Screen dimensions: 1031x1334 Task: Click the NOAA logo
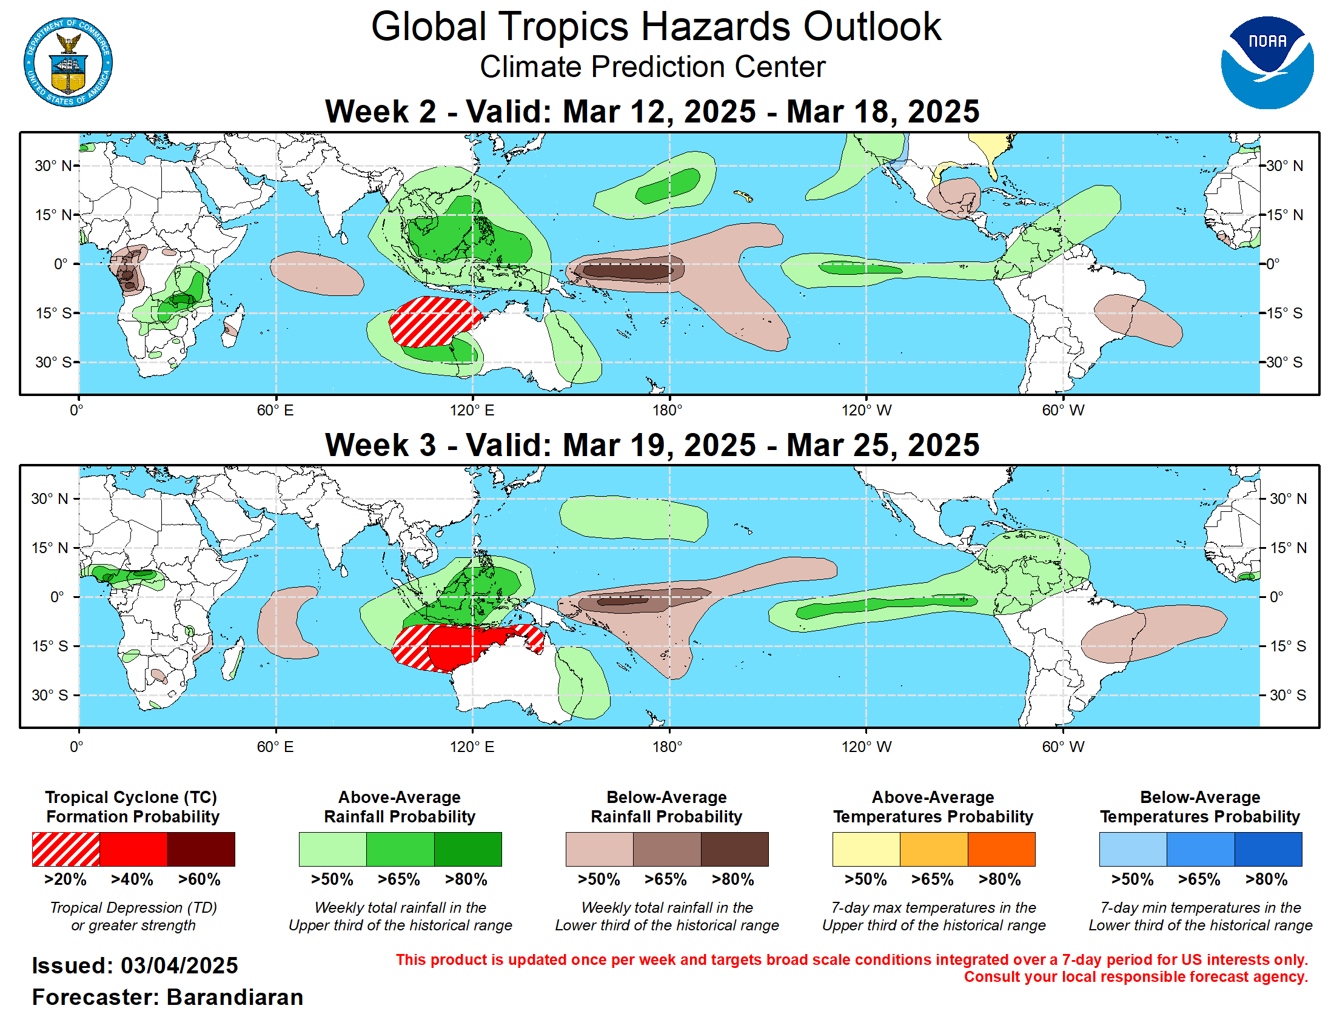click(1266, 62)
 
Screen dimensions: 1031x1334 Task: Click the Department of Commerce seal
click(68, 62)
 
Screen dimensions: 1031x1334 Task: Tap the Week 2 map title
click(652, 112)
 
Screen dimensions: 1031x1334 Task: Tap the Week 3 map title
click(652, 445)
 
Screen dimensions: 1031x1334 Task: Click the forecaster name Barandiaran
click(235, 997)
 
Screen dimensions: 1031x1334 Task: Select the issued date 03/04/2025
click(179, 966)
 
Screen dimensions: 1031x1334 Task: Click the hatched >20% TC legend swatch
click(65, 849)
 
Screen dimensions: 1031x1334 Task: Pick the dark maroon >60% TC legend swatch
click(201, 849)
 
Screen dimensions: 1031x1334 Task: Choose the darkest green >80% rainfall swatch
click(468, 849)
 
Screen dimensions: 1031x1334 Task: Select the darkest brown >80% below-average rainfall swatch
click(734, 849)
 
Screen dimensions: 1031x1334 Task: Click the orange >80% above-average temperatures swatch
click(1001, 849)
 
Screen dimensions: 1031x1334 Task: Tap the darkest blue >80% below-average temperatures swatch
click(1267, 849)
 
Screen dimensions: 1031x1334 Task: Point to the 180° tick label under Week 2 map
click(667, 411)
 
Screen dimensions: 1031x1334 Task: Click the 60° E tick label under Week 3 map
click(275, 747)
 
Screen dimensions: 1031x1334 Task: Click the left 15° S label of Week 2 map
click(53, 314)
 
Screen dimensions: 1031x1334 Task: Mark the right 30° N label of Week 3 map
click(1287, 499)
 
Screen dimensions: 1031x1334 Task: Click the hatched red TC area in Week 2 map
click(427, 321)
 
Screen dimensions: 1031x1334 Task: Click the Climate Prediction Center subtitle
click(652, 67)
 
